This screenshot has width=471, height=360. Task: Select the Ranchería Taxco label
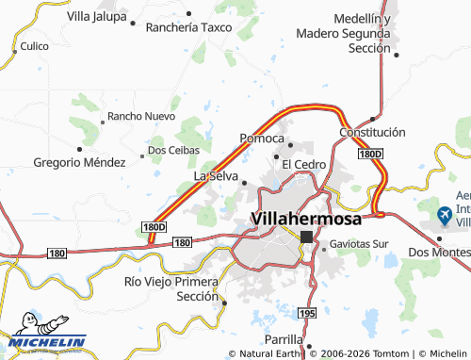pos(188,27)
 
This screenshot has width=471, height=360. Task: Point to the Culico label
pos(34,45)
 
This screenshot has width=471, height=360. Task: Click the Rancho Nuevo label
pos(141,116)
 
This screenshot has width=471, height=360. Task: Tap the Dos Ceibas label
pos(171,151)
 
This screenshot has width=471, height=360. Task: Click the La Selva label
pos(216,176)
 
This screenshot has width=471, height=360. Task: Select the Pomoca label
pos(263,138)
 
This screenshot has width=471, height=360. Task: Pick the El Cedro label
pos(304,164)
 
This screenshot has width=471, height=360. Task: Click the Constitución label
pos(373,133)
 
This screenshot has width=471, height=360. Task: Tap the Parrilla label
pos(284,339)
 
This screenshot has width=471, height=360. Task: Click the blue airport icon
pos(446,215)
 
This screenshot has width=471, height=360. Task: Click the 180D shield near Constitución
pos(370,153)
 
